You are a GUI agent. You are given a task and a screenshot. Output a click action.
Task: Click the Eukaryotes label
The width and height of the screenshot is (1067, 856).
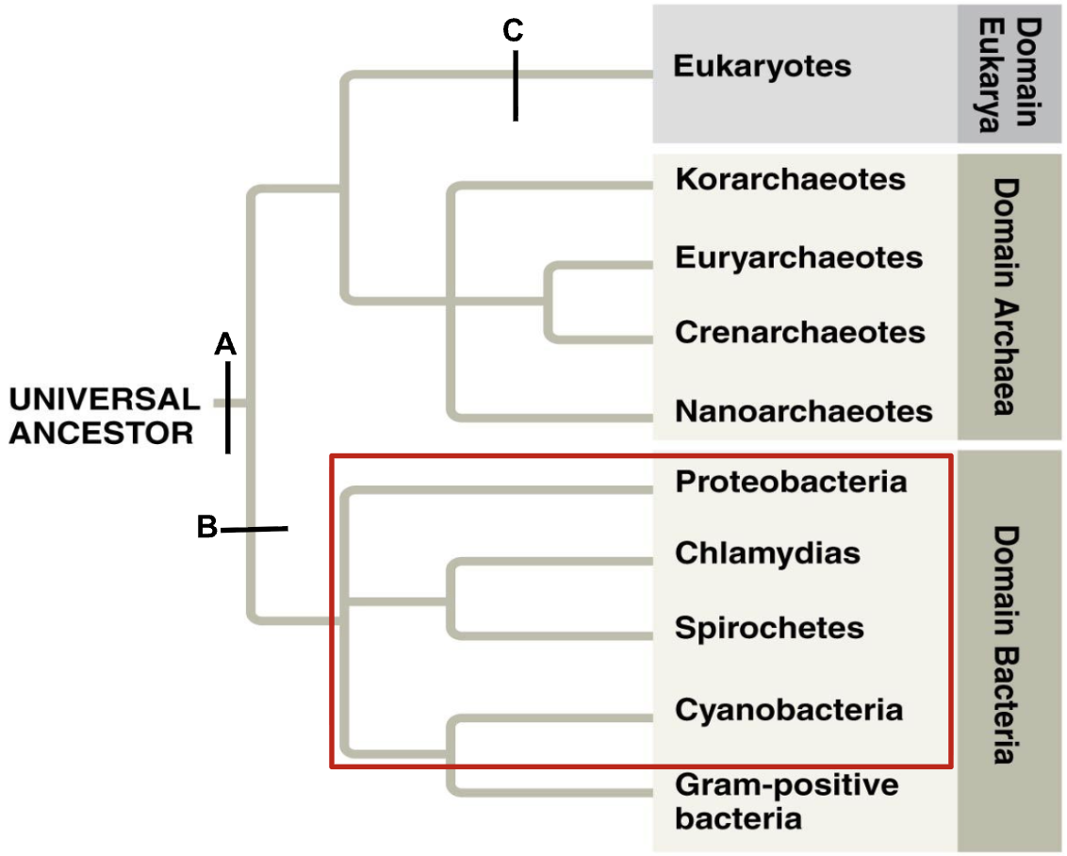763,67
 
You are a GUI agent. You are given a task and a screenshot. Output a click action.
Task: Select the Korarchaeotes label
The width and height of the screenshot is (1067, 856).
790,179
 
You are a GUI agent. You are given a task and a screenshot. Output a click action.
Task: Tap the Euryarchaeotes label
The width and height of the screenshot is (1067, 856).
798,256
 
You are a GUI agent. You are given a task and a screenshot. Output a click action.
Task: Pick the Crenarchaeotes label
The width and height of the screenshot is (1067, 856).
799,332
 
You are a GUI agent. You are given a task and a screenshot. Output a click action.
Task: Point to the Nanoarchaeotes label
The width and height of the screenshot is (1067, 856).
803,411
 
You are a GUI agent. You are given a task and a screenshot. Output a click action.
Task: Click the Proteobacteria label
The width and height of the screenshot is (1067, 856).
791,482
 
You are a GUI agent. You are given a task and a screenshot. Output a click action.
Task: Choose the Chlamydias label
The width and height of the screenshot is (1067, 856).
767,552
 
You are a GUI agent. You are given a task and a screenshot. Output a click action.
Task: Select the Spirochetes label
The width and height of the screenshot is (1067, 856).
769,628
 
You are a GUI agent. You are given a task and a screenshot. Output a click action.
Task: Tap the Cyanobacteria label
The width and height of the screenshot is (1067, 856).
789,709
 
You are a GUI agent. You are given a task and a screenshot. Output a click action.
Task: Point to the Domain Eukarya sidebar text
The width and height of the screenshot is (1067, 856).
1010,73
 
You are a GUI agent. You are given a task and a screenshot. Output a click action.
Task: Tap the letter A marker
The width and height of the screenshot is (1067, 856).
224,345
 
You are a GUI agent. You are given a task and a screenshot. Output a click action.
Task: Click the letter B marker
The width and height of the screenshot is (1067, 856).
206,527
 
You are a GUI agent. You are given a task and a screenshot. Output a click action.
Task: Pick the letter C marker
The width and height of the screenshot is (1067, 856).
513,31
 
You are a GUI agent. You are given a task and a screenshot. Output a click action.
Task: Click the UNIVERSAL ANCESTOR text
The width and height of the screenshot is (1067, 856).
104,416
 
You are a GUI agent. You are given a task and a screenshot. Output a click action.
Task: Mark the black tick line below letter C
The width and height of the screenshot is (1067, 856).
516,86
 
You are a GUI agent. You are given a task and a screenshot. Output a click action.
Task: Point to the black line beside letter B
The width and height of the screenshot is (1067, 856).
254,531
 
